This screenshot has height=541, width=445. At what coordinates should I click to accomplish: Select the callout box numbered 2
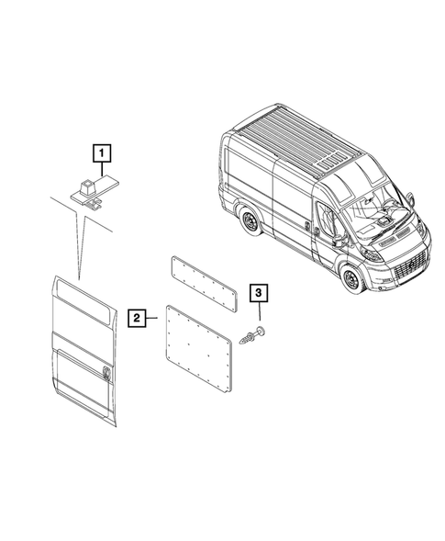point(136,319)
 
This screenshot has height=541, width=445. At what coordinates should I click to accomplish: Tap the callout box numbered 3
point(260,294)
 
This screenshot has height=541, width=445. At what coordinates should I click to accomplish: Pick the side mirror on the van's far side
point(411,197)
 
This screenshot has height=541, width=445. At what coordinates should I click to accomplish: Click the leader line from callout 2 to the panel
point(152,319)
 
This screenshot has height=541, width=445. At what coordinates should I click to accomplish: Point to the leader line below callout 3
point(259,315)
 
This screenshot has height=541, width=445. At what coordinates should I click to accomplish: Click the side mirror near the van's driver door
point(339,240)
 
